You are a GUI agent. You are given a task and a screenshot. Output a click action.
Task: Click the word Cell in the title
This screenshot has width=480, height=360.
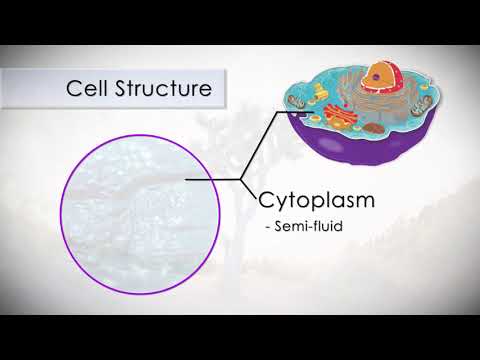pyautogui.click(x=85, y=88)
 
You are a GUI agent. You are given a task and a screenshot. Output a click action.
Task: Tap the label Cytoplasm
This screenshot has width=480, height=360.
pyautogui.click(x=317, y=199)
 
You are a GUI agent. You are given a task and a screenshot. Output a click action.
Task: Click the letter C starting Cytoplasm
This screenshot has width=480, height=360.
pyautogui.click(x=267, y=199)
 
